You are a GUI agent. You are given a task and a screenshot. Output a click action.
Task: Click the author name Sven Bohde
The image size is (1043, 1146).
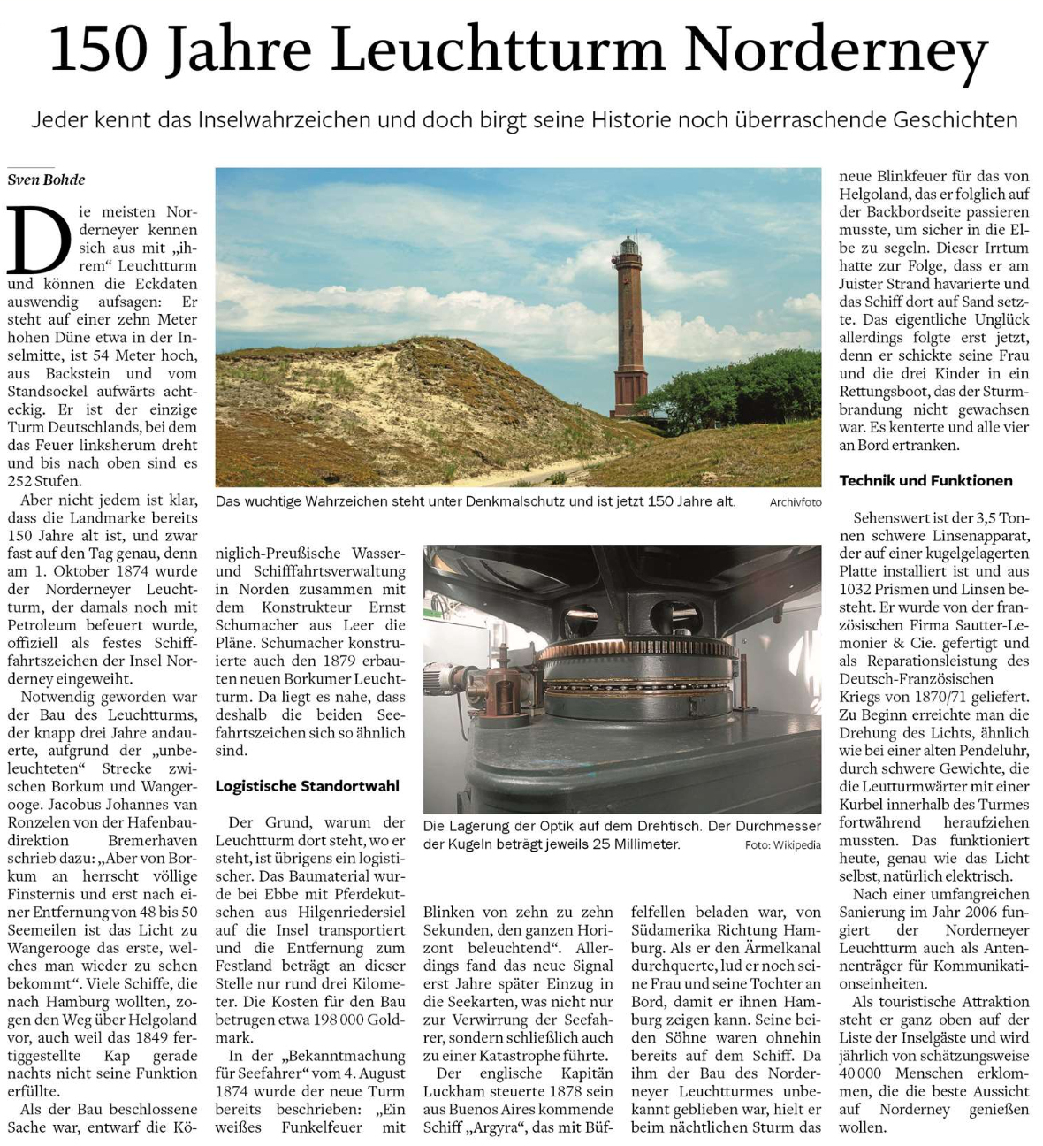click(47, 180)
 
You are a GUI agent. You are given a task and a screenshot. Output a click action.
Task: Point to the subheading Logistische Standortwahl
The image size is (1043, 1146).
click(307, 785)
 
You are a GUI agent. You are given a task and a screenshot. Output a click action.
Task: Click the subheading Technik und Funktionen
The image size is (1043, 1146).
click(925, 480)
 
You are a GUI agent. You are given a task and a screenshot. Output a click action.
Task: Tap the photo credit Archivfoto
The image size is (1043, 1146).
click(795, 502)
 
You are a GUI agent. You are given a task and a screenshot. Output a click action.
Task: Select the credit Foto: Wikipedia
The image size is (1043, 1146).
click(782, 844)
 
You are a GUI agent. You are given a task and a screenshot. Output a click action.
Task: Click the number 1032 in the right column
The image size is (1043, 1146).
click(856, 589)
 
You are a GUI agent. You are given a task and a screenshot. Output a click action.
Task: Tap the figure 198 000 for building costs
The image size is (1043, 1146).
click(346, 1020)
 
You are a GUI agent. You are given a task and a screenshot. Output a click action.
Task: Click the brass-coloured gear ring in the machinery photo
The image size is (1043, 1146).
click(636, 652)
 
